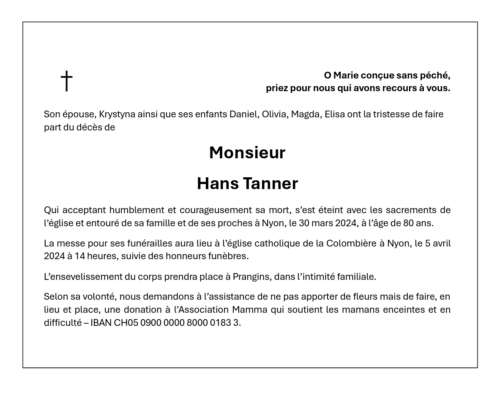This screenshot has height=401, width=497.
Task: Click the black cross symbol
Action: point(66,80)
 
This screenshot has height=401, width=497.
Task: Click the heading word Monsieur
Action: point(247,153)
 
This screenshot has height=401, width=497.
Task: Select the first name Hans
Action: point(218,184)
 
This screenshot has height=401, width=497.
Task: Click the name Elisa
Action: point(334,114)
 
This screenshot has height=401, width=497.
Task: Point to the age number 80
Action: point(410,223)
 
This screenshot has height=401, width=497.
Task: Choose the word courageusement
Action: point(215,210)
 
